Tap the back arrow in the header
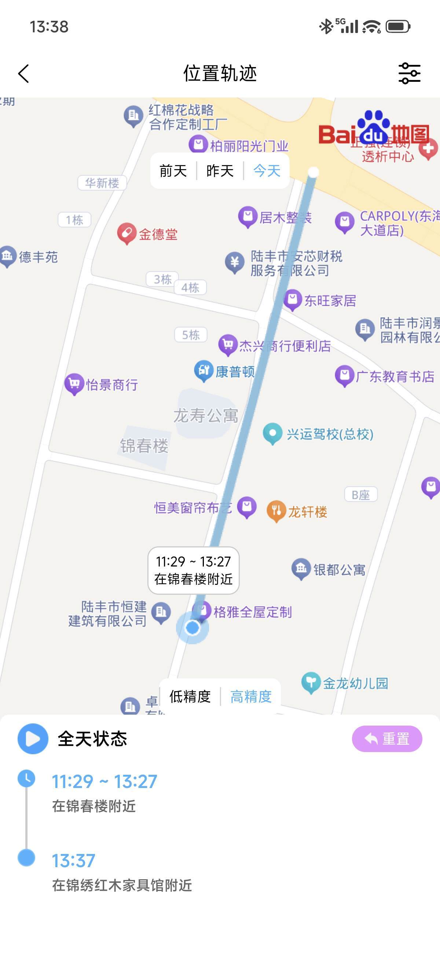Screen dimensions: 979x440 pyautogui.click(x=23, y=73)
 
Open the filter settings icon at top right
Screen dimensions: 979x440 pyautogui.click(x=409, y=73)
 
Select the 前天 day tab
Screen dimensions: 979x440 pyautogui.click(x=173, y=171)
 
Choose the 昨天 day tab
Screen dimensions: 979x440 pyautogui.click(x=220, y=171)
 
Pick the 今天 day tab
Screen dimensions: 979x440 pyautogui.click(x=267, y=171)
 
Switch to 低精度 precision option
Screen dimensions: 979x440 pyautogui.click(x=190, y=697)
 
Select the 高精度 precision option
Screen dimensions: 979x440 pyautogui.click(x=251, y=697)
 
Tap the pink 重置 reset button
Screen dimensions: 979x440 pyautogui.click(x=387, y=739)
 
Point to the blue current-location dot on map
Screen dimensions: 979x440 pyautogui.click(x=192, y=628)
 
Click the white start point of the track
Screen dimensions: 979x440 pyautogui.click(x=313, y=172)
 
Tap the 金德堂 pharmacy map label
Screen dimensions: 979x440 pyautogui.click(x=158, y=234)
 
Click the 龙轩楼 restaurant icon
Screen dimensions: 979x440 pyautogui.click(x=276, y=511)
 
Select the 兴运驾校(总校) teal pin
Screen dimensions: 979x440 pyautogui.click(x=272, y=433)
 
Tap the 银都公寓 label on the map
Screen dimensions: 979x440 pyautogui.click(x=339, y=570)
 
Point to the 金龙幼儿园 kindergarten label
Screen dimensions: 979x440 pyautogui.click(x=355, y=683)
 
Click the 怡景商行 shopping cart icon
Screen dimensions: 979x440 pyautogui.click(x=74, y=384)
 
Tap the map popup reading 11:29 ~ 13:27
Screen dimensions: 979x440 pyautogui.click(x=193, y=570)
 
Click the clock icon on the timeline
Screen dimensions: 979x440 pyautogui.click(x=26, y=779)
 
